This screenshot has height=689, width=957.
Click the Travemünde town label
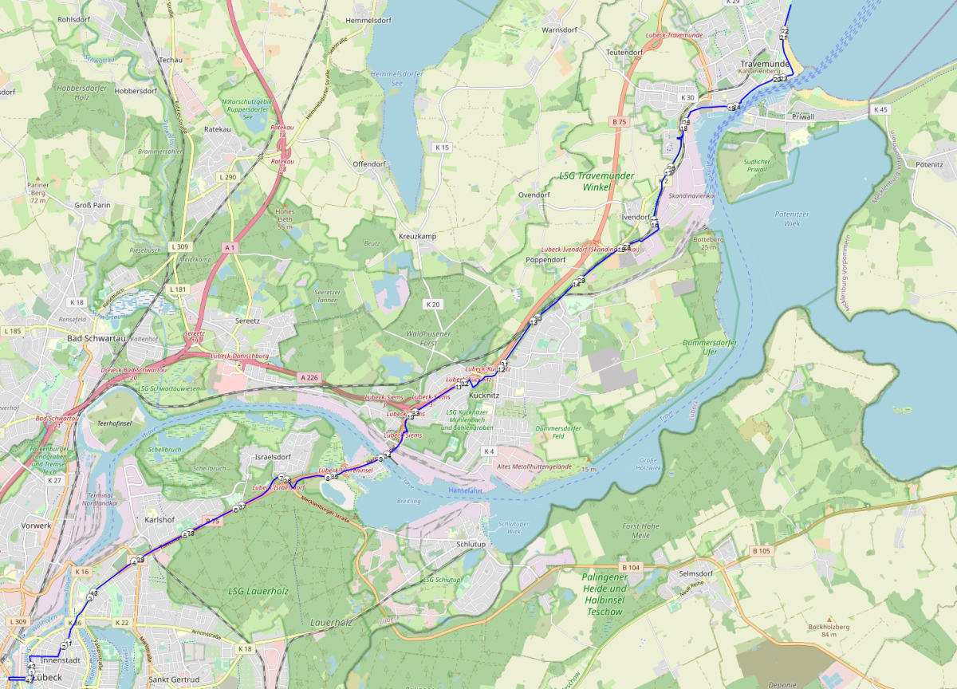click(x=765, y=64)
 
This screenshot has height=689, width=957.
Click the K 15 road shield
click(x=442, y=148)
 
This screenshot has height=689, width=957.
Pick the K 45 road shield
click(x=880, y=109)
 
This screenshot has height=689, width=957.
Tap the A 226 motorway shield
click(x=309, y=376)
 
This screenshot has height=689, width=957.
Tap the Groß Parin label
click(x=92, y=205)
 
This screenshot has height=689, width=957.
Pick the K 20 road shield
click(x=432, y=305)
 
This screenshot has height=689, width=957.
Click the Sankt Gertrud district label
click(x=173, y=679)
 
